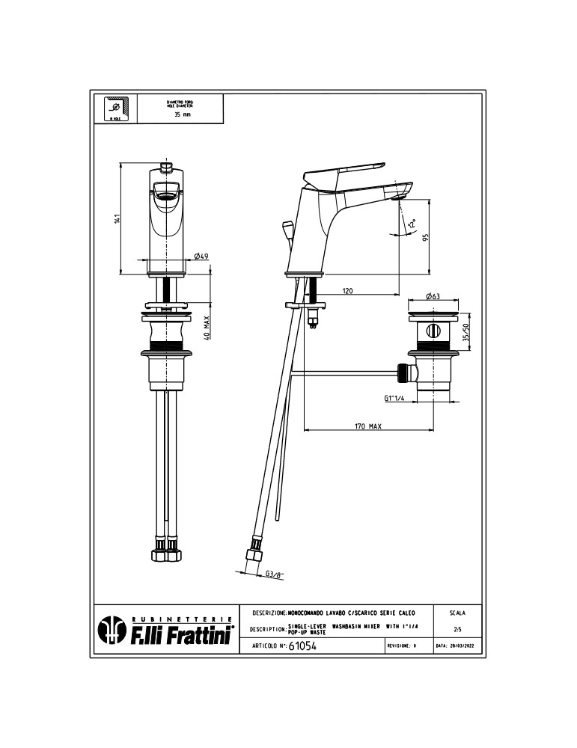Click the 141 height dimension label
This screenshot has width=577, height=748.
(x=117, y=218)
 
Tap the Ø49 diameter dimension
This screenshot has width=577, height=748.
(x=201, y=256)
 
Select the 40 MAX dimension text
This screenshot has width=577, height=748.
(x=206, y=327)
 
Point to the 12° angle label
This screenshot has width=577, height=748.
(x=411, y=224)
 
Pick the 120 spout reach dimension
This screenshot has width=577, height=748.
(x=348, y=291)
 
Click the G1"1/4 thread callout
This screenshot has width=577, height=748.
(x=395, y=399)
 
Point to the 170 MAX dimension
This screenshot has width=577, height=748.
(x=368, y=426)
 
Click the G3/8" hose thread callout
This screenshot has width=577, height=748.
(x=275, y=574)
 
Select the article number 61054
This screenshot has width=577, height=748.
(x=303, y=646)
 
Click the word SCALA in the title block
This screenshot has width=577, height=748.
(x=457, y=613)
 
